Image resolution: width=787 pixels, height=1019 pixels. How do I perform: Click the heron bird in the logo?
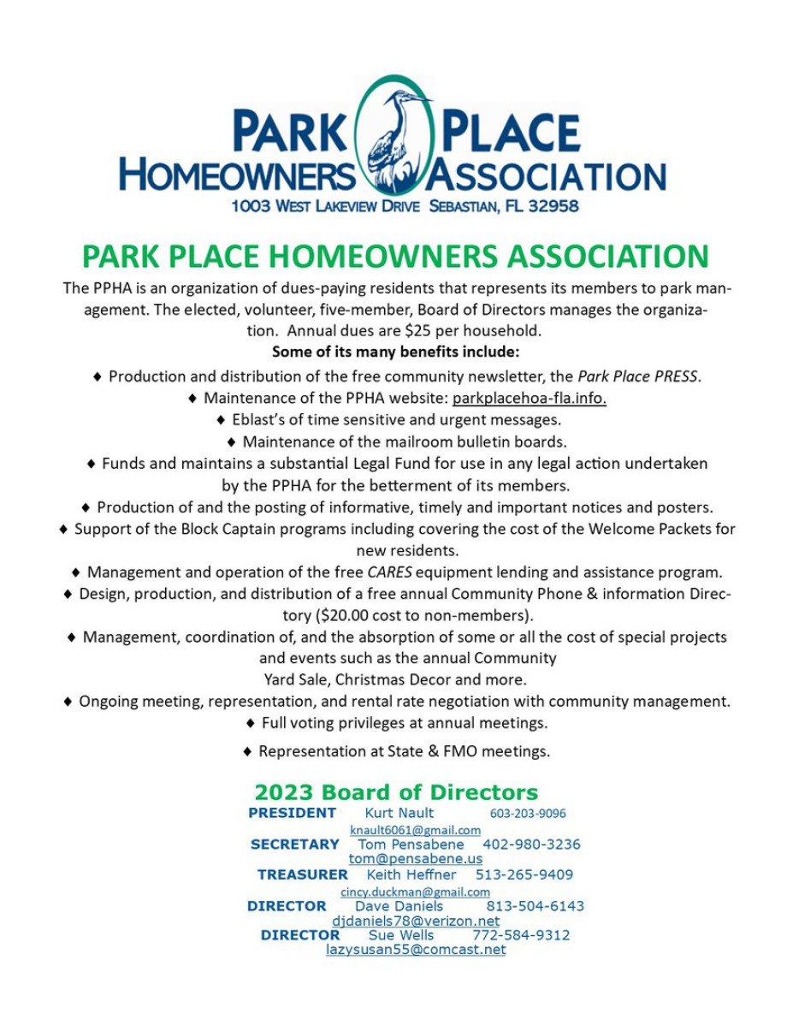[x=395, y=137]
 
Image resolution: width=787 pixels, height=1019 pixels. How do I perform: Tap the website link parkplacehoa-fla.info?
[x=529, y=398]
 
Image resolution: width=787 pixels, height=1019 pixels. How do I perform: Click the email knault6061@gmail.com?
[x=415, y=830]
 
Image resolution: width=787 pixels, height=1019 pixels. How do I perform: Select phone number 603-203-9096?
[x=527, y=813]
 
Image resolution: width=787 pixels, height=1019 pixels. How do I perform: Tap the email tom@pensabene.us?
[x=415, y=858]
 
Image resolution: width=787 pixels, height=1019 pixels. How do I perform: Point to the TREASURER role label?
[x=303, y=874]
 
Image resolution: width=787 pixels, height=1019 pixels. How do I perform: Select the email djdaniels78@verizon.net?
[x=415, y=921]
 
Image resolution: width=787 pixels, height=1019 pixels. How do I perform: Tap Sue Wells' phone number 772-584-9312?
[x=521, y=935]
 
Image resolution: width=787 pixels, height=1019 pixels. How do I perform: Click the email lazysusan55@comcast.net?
[x=415, y=950]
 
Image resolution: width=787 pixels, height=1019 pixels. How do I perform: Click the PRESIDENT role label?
[x=292, y=813]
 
